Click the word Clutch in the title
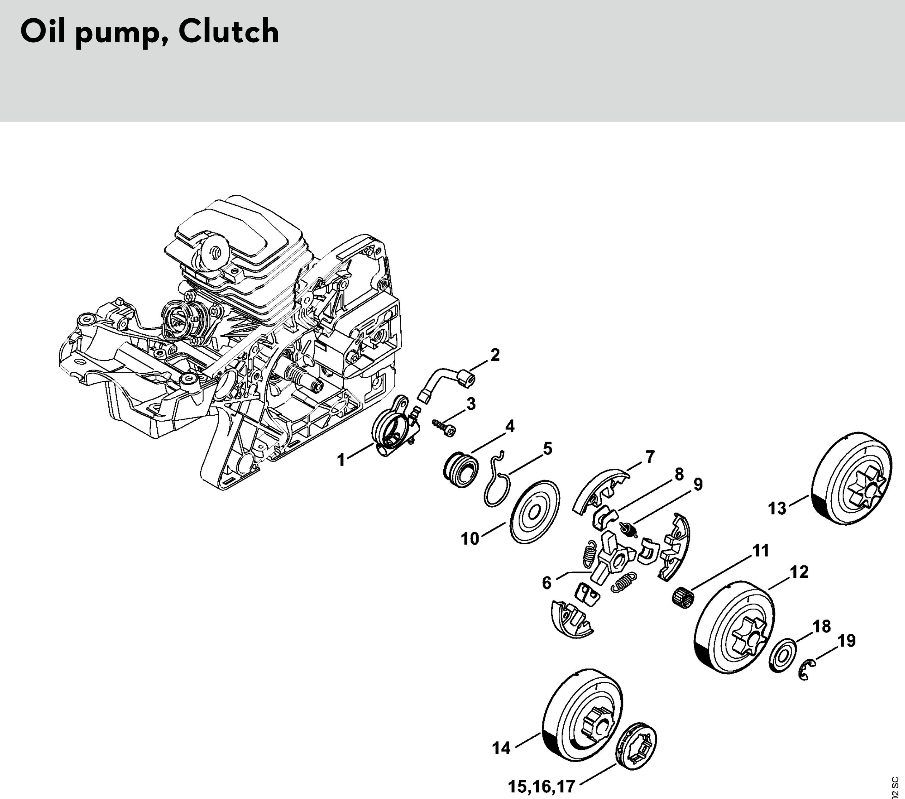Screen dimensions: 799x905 click(228, 32)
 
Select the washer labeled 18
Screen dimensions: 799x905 click(783, 656)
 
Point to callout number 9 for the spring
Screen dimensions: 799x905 click(697, 485)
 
